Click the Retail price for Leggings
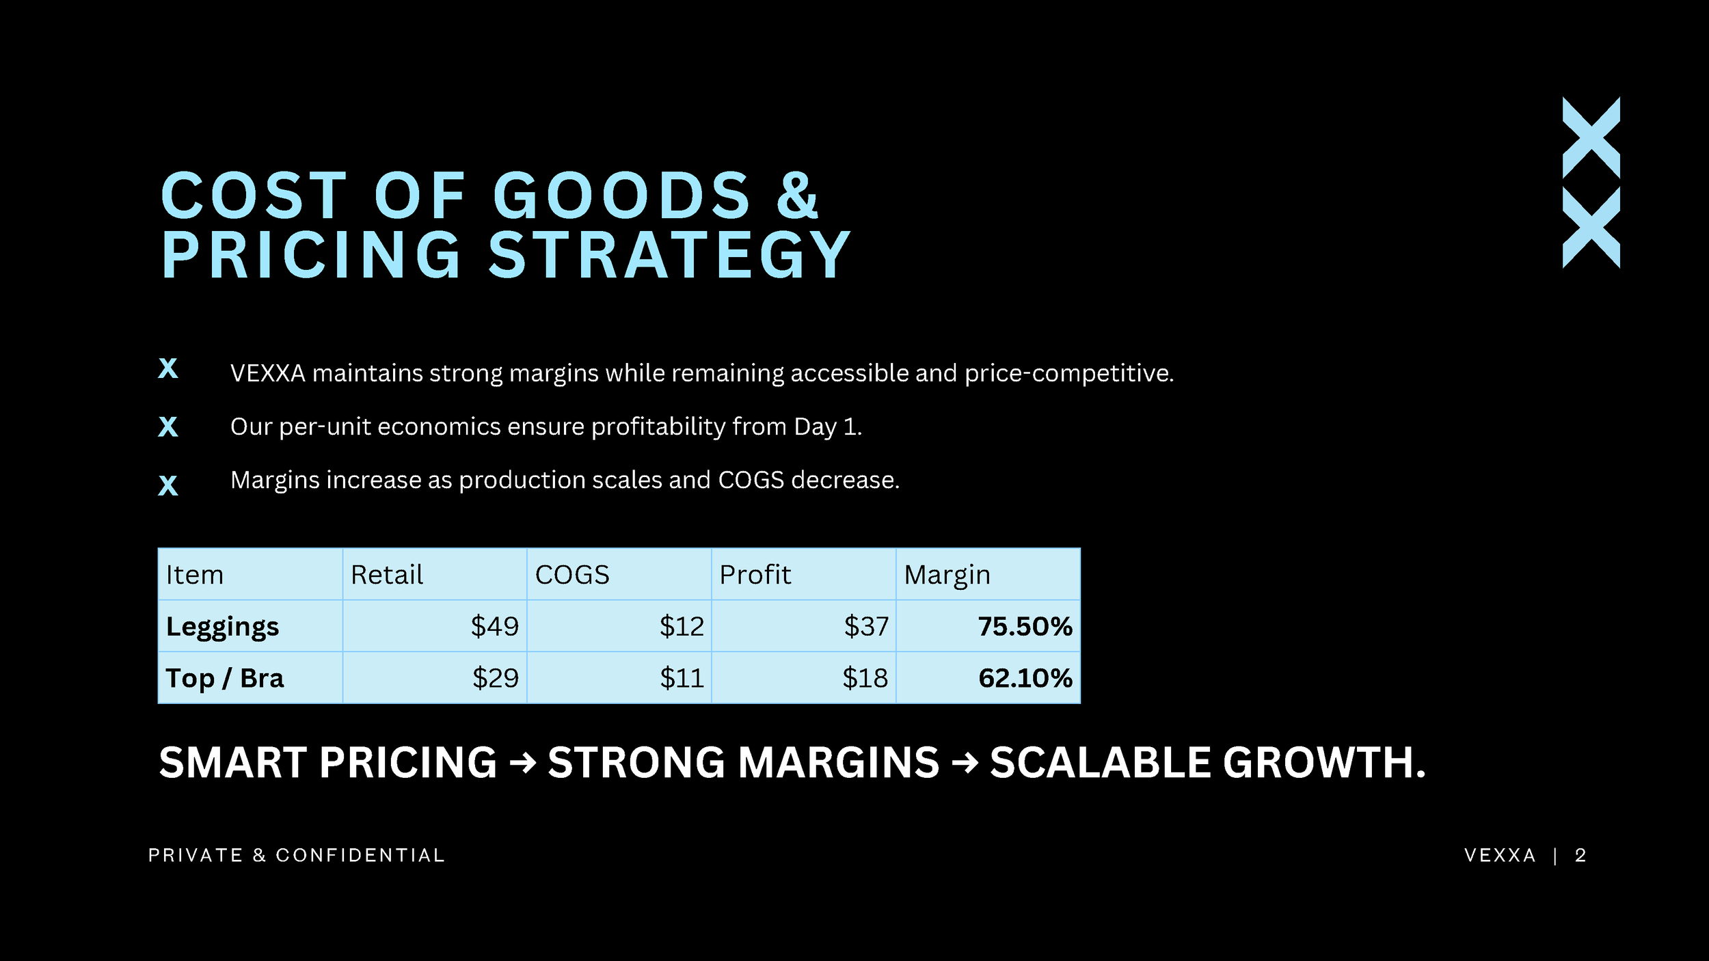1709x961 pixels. pos(494,626)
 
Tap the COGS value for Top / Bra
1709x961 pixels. pos(682,678)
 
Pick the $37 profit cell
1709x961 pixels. pos(866,626)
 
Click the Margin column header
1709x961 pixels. pos(947,576)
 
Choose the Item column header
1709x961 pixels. pos(195,575)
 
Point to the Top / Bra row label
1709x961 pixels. pos(225,679)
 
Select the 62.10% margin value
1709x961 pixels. pos(1025,678)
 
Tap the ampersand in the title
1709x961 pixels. pos(797,195)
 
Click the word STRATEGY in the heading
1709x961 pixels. pos(669,255)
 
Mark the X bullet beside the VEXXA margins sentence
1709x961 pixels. pos(168,368)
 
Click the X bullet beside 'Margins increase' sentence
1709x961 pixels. pos(168,485)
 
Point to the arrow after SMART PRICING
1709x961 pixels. pos(523,763)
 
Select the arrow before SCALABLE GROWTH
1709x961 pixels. pos(965,763)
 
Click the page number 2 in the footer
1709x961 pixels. pos(1580,856)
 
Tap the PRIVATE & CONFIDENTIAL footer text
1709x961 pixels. pos(297,856)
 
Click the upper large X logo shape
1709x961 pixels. pos(1591,137)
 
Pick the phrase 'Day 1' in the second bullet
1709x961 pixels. pos(827,427)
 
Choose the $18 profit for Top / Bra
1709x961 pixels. pos(865,678)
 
